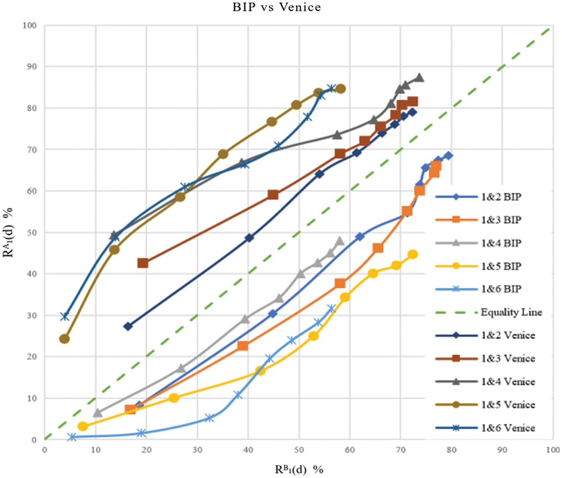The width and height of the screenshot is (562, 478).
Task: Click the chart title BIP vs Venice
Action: (x=277, y=7)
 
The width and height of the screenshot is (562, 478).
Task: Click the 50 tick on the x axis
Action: (x=299, y=450)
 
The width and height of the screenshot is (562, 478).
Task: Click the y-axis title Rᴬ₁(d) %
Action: (x=8, y=233)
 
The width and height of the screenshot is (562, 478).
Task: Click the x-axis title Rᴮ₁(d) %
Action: (x=299, y=469)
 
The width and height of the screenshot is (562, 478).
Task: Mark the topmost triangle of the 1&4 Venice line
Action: (x=419, y=78)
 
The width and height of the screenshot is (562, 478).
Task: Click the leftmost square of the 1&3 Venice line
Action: (x=143, y=263)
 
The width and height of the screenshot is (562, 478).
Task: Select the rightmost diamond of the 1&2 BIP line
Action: (x=448, y=155)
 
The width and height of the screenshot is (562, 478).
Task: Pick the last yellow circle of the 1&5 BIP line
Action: (x=412, y=254)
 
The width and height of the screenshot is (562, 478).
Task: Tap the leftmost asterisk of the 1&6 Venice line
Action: (x=65, y=316)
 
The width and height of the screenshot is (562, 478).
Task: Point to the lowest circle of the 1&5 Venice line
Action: (x=64, y=339)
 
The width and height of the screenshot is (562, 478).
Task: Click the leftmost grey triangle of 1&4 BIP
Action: (x=97, y=413)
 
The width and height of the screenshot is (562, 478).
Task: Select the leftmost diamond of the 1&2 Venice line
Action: (x=128, y=326)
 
